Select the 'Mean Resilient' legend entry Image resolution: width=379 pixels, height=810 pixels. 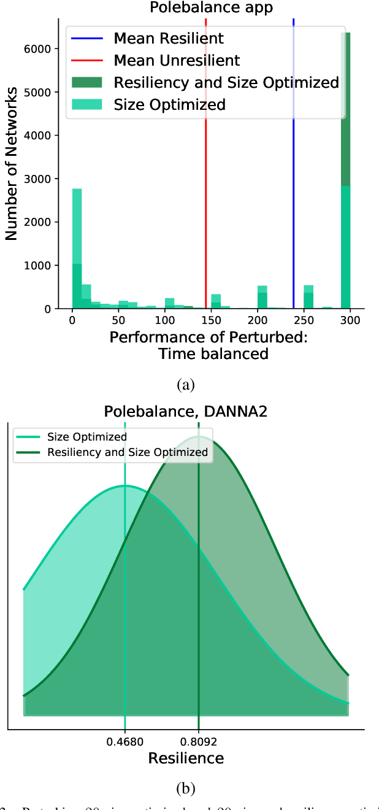pyautogui.click(x=169, y=39)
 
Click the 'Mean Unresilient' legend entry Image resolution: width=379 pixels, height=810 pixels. pyautogui.click(x=177, y=60)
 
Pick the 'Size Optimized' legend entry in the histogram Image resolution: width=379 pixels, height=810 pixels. pyautogui.click(x=169, y=104)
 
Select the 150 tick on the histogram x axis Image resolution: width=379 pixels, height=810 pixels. pyautogui.click(x=211, y=320)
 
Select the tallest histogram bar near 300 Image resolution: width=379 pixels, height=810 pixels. pyautogui.click(x=345, y=172)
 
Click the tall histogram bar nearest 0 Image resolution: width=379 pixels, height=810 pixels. pyautogui.click(x=77, y=252)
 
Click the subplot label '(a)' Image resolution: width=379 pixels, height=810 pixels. pyautogui.click(x=185, y=385)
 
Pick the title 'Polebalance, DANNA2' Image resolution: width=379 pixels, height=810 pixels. pyautogui.click(x=186, y=411)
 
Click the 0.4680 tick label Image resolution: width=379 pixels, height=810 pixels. pyautogui.click(x=125, y=742)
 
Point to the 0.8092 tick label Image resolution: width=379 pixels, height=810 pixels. pyautogui.click(x=199, y=742)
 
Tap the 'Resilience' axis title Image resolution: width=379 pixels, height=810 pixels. pyautogui.click(x=186, y=758)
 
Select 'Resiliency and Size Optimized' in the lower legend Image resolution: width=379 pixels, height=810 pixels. pyautogui.click(x=128, y=453)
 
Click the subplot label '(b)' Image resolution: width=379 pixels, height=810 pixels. pyautogui.click(x=186, y=787)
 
